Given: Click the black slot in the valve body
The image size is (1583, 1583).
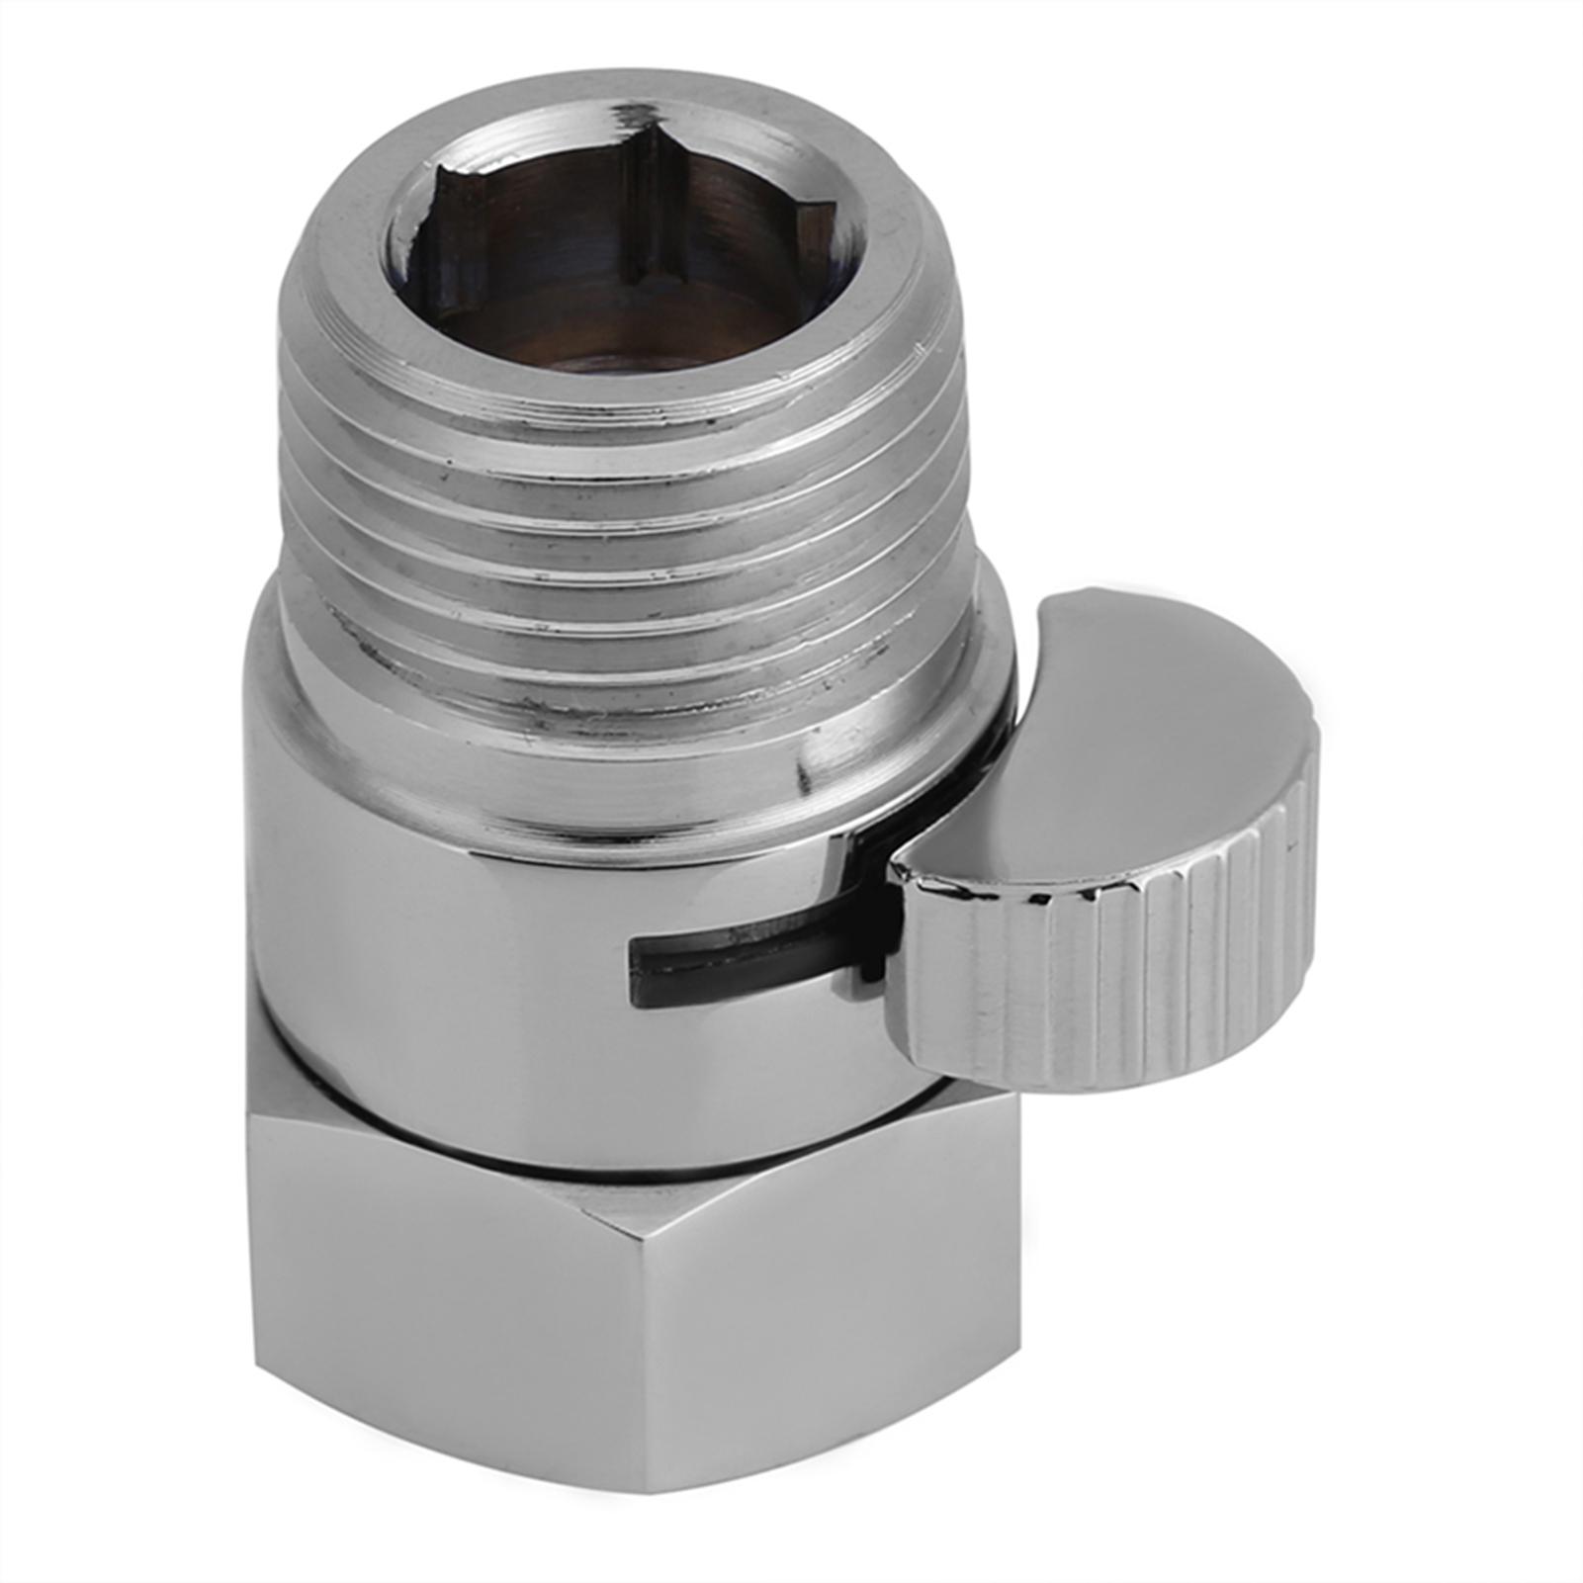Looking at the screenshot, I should pyautogui.click(x=751, y=955).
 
